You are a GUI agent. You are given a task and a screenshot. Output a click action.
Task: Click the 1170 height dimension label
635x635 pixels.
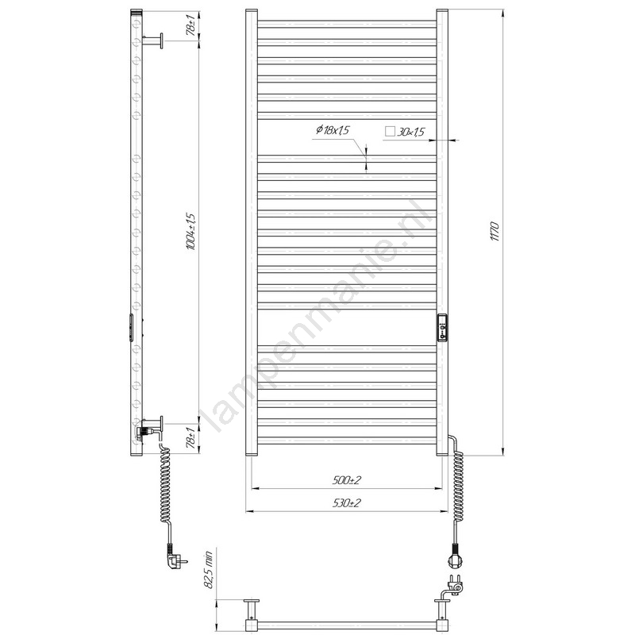[495, 231]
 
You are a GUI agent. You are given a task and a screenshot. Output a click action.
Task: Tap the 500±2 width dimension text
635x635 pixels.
[346, 480]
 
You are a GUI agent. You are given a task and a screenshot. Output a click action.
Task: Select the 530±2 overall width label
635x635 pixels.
[346, 503]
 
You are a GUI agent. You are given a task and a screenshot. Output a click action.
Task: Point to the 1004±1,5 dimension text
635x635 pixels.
[191, 232]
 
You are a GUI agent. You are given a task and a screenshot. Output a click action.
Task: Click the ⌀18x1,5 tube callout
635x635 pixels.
[333, 130]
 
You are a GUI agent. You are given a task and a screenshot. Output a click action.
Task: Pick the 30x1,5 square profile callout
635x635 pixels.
[410, 132]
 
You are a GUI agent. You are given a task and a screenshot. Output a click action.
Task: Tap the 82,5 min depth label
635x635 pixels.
[208, 570]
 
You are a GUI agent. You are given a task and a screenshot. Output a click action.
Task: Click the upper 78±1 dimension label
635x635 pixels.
[193, 25]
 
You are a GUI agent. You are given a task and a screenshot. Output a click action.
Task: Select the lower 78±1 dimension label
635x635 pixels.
[193, 438]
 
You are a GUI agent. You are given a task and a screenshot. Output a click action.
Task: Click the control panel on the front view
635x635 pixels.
[443, 328]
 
